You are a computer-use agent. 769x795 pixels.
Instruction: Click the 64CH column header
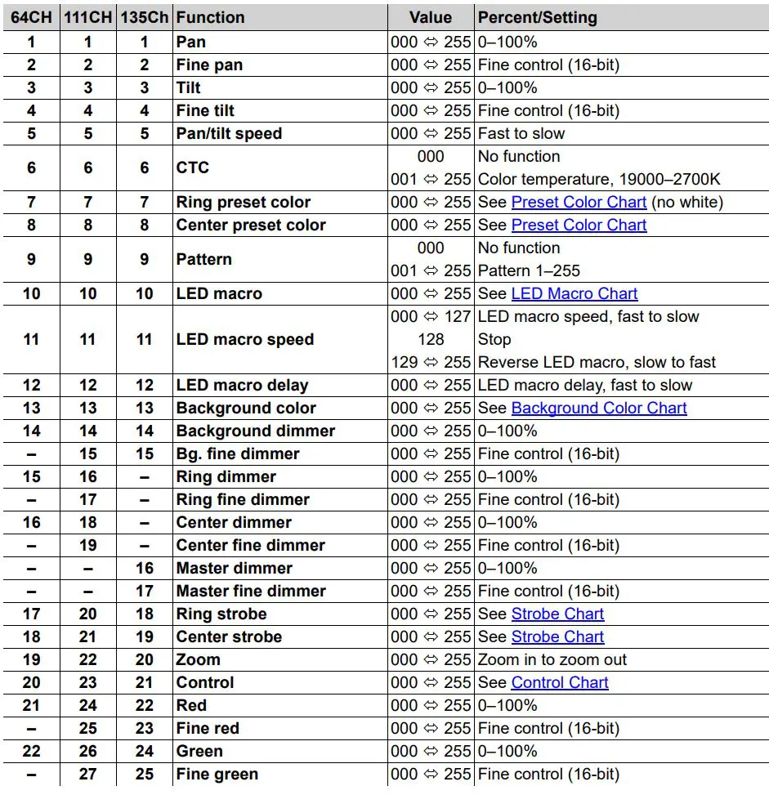(x=31, y=17)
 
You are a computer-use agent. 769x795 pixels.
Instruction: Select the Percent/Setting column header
(x=537, y=17)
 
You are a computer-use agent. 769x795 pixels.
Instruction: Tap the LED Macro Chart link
(x=574, y=293)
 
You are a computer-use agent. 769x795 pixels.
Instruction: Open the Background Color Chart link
(x=598, y=408)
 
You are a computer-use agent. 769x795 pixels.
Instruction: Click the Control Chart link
(x=560, y=682)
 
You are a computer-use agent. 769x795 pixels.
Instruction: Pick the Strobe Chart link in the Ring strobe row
(x=557, y=614)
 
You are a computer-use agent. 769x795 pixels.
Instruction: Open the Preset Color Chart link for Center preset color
(x=579, y=225)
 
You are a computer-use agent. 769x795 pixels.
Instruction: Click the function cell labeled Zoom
(x=198, y=659)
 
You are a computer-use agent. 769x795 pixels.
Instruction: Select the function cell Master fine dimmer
(x=251, y=591)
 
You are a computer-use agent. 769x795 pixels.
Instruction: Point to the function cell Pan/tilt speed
(x=229, y=133)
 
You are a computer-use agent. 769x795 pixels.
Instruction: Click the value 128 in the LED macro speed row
(x=431, y=339)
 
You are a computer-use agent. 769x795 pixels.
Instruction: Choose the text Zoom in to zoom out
(x=552, y=659)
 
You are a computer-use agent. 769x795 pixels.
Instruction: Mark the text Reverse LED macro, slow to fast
(x=597, y=362)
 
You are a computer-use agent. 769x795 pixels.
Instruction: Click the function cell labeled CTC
(x=193, y=167)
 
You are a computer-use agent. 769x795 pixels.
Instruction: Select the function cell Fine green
(x=217, y=774)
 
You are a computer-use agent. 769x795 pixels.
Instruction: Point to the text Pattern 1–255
(x=530, y=270)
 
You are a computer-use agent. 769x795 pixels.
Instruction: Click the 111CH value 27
(x=88, y=774)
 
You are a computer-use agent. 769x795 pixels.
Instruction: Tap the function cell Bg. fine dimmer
(x=238, y=453)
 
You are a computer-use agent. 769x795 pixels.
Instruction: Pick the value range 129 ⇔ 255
(x=431, y=362)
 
